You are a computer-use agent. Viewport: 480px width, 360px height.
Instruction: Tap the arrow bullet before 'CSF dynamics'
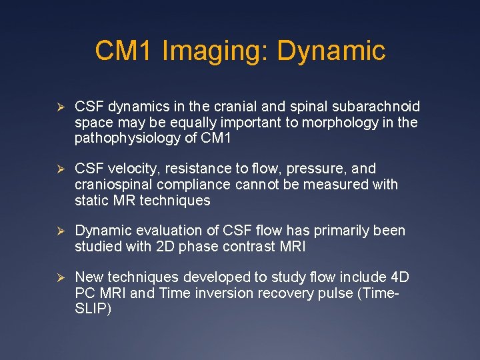(59, 107)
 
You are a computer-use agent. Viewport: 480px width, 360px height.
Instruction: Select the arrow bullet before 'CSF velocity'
(59, 169)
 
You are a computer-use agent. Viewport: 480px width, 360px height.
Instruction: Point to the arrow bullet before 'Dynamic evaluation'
(59, 231)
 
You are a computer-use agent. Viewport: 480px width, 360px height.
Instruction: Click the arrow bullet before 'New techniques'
(59, 277)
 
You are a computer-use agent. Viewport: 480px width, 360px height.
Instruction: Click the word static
(90, 201)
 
